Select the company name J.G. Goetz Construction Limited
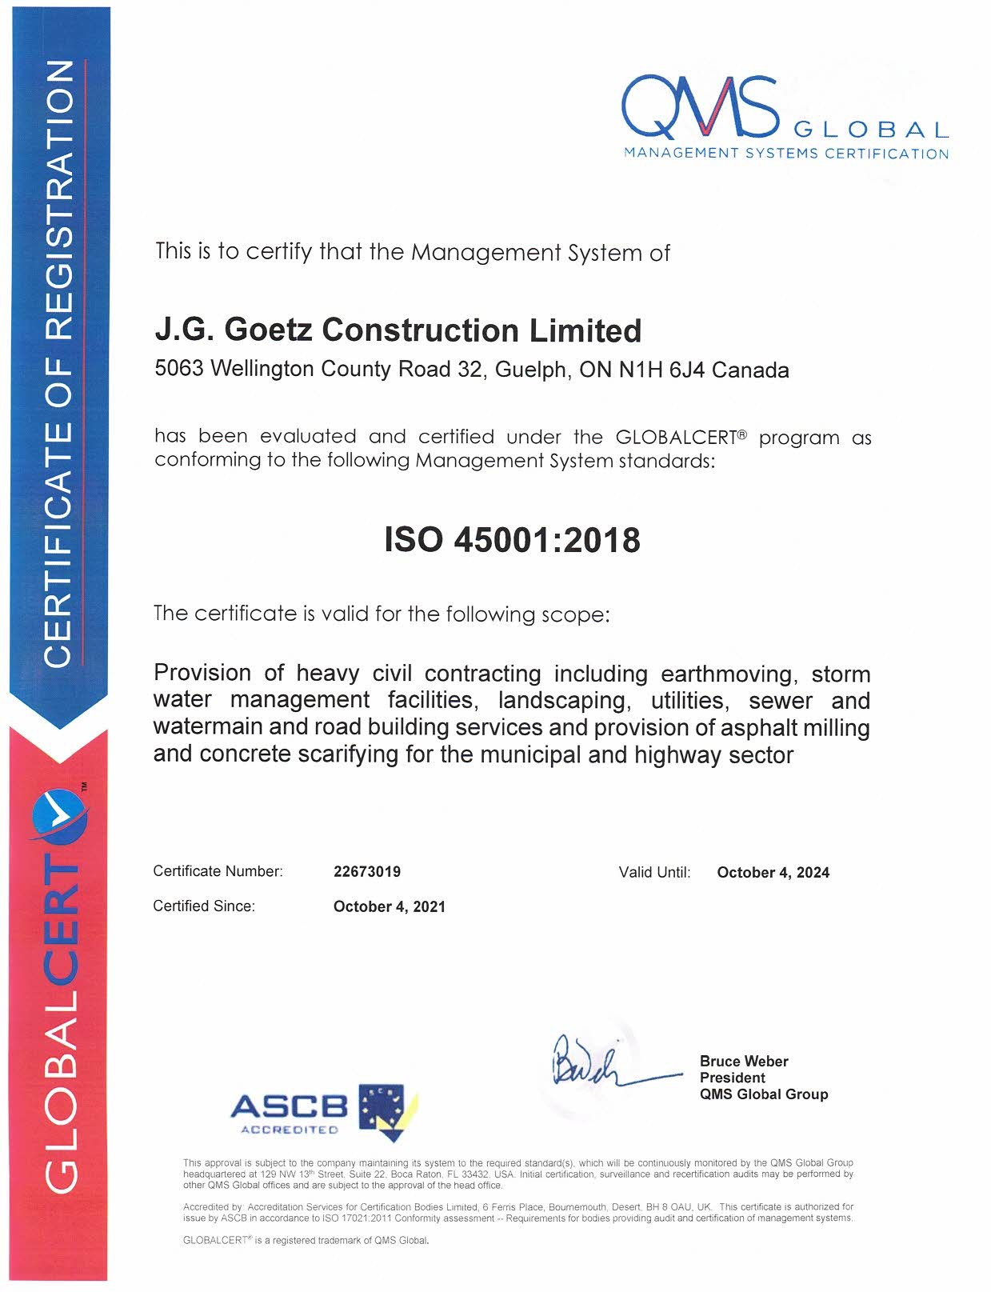point(398,330)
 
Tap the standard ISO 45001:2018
point(512,540)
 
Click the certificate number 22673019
point(367,872)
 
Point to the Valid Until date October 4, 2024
point(773,873)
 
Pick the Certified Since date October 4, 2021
point(389,907)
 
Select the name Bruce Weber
point(744,1062)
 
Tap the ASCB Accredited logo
point(324,1111)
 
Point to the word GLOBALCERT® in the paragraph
point(681,438)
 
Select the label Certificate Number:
point(218,872)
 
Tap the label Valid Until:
point(654,873)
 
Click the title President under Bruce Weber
point(732,1078)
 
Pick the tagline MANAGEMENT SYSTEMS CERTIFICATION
point(785,154)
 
